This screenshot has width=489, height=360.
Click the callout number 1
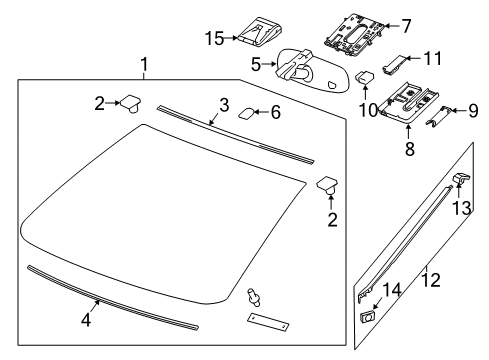tap(146, 67)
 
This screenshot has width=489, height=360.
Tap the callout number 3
tap(225, 104)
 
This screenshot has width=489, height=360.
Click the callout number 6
tap(274, 113)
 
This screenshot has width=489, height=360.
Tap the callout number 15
tap(212, 38)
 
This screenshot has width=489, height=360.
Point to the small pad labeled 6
tap(247, 114)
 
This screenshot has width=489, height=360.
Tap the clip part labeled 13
tap(461, 179)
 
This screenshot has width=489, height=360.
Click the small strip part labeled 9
tap(437, 115)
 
